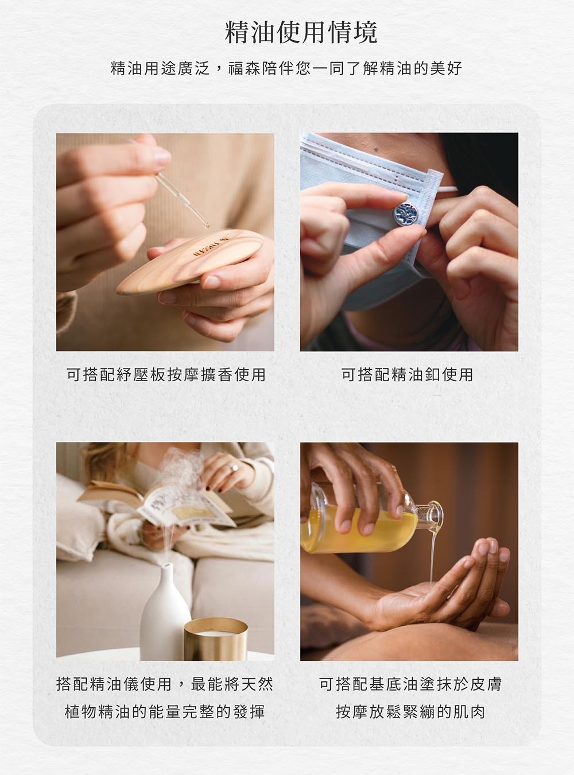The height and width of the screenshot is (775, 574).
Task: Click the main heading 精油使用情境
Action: pos(301,33)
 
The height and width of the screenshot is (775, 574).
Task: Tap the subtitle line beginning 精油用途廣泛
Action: pos(286,68)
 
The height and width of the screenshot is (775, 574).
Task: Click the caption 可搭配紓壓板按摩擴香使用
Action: pos(166,374)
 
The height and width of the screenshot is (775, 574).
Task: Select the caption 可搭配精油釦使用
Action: pos(408,374)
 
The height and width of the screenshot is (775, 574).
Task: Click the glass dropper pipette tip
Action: pos(207,226)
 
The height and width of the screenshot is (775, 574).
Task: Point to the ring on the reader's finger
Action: pos(232,467)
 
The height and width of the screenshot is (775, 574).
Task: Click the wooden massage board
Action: pos(191,261)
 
